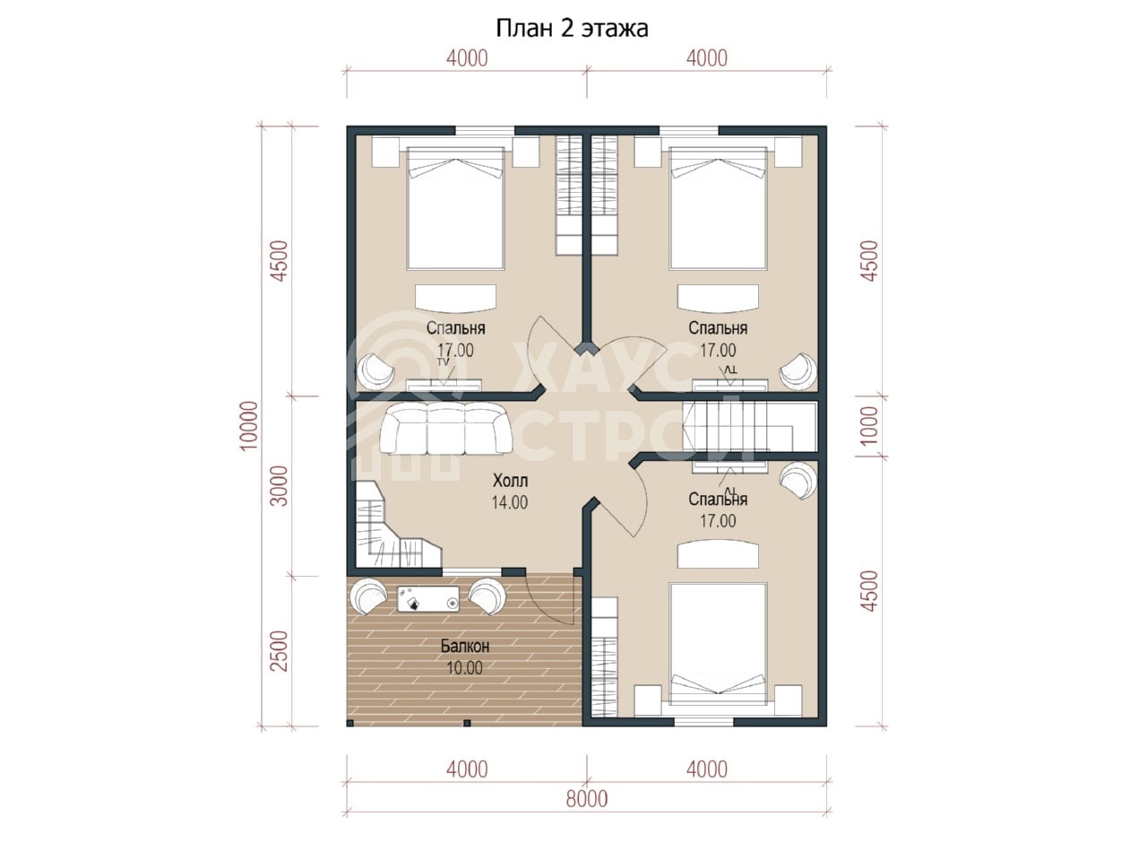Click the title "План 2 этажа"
click(x=572, y=28)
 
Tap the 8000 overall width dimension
click(x=586, y=799)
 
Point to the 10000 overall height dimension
click(x=250, y=425)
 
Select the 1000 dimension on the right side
click(x=869, y=425)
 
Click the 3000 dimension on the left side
click(x=280, y=485)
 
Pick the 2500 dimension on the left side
click(x=280, y=651)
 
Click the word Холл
click(x=510, y=481)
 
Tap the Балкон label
click(x=464, y=646)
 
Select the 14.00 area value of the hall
click(x=510, y=502)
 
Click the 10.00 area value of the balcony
click(x=464, y=668)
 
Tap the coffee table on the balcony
click(x=428, y=599)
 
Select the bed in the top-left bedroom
click(x=455, y=207)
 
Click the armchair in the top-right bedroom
click(x=798, y=370)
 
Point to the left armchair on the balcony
click(x=369, y=596)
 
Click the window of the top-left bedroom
click(x=485, y=131)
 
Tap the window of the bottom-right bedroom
click(x=703, y=722)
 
